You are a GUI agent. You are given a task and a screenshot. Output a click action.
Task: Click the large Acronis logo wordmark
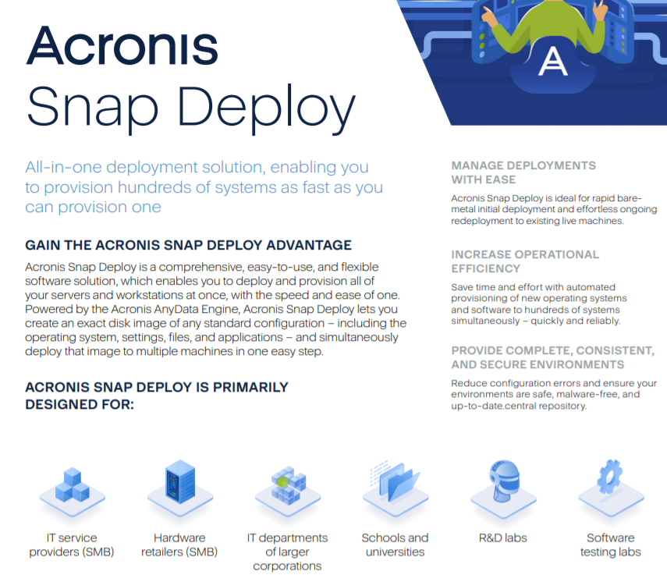122,45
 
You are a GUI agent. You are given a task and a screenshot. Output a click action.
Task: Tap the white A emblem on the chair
552,62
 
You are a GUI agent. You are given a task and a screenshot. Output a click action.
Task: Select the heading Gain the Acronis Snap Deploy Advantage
189,245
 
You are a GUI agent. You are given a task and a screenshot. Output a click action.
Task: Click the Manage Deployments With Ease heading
523,172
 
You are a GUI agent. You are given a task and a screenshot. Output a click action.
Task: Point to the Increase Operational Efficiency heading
525,261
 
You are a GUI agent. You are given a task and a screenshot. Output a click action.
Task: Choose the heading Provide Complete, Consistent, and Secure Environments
552,357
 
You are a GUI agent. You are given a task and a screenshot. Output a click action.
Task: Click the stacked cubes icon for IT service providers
72,492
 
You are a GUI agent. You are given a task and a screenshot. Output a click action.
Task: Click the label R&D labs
503,538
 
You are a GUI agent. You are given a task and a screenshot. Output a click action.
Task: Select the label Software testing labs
610,545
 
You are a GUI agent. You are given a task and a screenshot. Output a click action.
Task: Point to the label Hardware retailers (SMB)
179,545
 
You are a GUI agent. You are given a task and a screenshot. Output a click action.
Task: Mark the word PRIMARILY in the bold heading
250,387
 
